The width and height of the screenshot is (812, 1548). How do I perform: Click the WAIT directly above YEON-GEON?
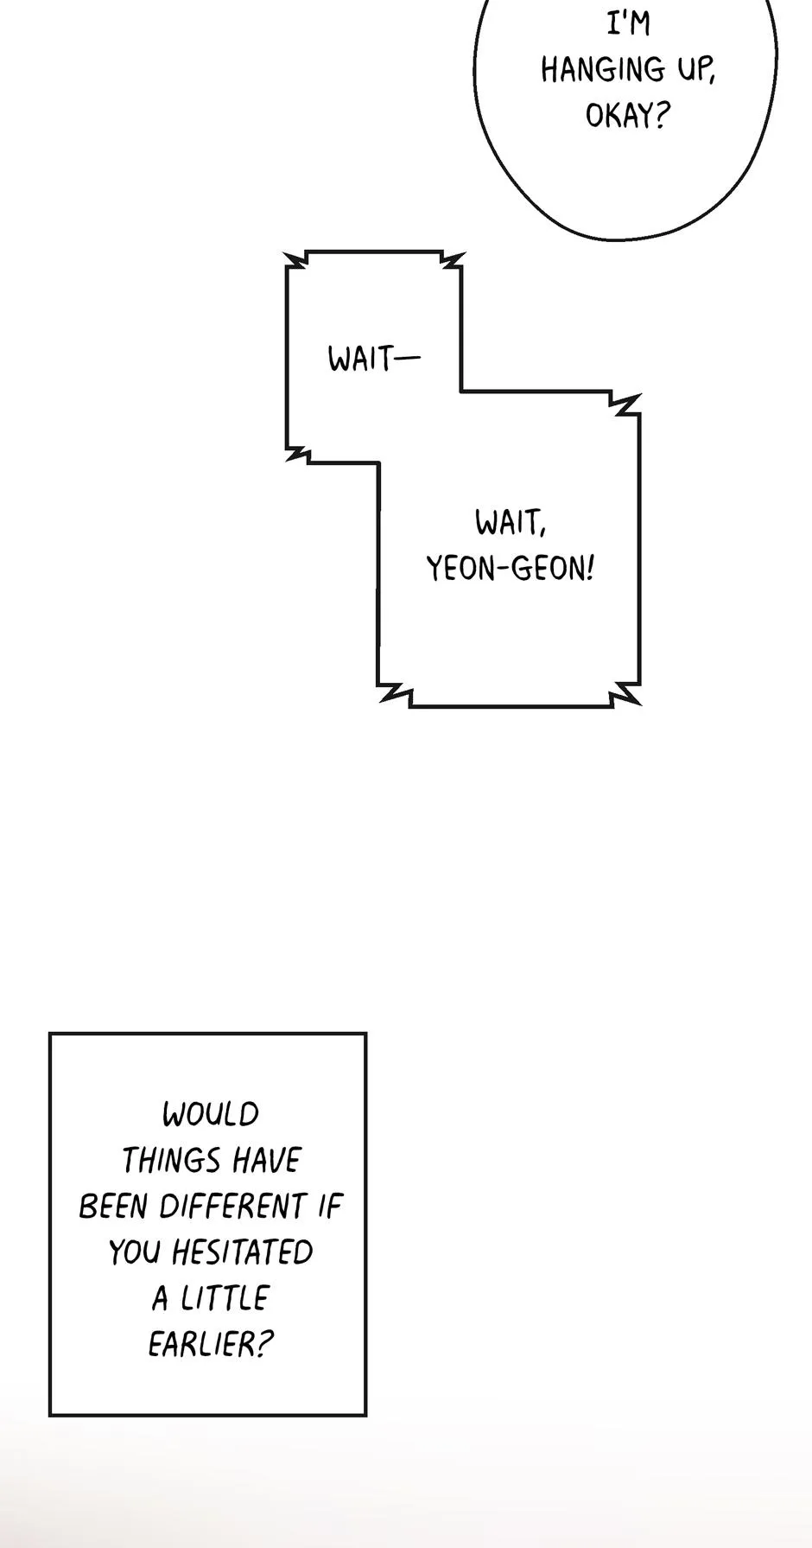tap(510, 522)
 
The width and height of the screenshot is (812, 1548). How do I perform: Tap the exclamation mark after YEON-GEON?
tap(590, 568)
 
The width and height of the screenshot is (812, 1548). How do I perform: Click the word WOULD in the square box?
tap(211, 1114)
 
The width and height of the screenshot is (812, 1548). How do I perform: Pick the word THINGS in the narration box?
tap(162, 1160)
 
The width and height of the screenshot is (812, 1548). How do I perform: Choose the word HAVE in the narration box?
tap(257, 1160)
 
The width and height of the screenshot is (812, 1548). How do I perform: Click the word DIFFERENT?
tap(233, 1206)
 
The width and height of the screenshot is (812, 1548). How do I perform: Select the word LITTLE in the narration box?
tap(225, 1297)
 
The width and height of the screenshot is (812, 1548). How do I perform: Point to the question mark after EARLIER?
tap(265, 1344)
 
